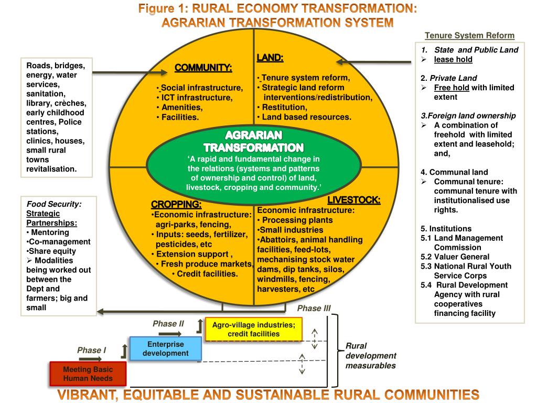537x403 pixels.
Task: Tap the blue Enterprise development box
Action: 165,349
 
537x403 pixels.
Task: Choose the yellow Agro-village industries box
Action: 253,330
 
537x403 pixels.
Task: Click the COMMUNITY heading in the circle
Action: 203,68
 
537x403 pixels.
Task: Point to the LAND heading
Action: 270,58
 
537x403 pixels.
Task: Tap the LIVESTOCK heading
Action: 354,200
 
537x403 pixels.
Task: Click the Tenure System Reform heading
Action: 469,36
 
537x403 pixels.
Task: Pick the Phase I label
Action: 92,350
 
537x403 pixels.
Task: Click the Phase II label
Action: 168,323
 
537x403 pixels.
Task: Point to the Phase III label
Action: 314,308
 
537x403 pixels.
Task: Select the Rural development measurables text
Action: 371,356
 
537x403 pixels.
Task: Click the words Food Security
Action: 54,204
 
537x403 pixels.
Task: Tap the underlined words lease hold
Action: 453,59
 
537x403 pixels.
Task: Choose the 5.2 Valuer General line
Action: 455,257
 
